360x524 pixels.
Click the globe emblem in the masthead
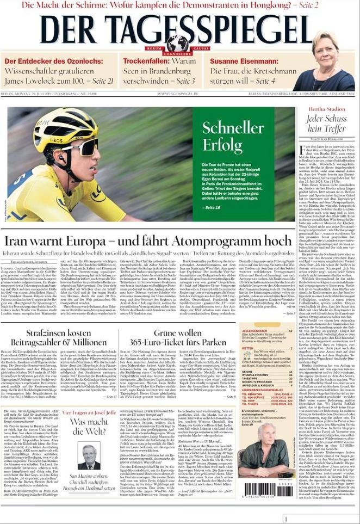coord(178,42)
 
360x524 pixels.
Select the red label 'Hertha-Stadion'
coord(319,109)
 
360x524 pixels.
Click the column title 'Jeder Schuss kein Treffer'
coord(319,124)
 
